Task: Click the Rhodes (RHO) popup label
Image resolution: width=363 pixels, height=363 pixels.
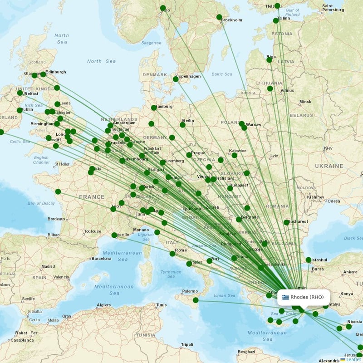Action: pyautogui.click(x=307, y=297)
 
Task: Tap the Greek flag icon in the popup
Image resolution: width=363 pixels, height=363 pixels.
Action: pyautogui.click(x=285, y=297)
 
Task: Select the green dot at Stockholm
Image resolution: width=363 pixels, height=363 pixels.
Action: pyautogui.click(x=219, y=17)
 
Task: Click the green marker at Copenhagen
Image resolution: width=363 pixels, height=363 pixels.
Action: pyautogui.click(x=176, y=79)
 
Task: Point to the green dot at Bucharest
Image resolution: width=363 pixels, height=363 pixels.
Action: pyautogui.click(x=286, y=222)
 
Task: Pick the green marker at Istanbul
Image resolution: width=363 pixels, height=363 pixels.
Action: pyautogui.click(x=309, y=260)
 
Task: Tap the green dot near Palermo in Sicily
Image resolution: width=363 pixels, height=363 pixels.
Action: pyautogui.click(x=196, y=300)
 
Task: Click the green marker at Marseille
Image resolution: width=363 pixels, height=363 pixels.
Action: pyautogui.click(x=114, y=235)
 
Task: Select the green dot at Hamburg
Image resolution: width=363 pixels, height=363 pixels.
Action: pyautogui.click(x=154, y=108)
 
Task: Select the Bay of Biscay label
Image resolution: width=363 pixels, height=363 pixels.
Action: pyautogui.click(x=41, y=204)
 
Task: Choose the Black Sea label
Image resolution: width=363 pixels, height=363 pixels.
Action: pyautogui.click(x=353, y=238)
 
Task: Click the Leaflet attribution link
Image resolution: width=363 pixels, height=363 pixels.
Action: pyautogui.click(x=353, y=359)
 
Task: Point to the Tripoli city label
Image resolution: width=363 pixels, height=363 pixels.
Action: pyautogui.click(x=186, y=344)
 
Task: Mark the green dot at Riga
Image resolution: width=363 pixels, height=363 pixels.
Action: pyautogui.click(x=270, y=60)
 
